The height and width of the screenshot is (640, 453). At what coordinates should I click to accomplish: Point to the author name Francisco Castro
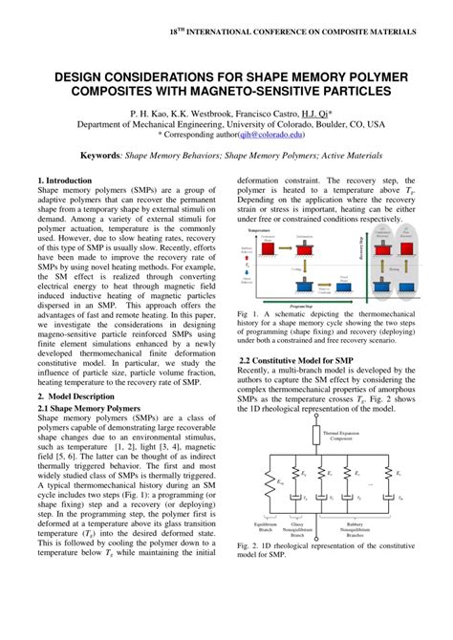click(x=251, y=112)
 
